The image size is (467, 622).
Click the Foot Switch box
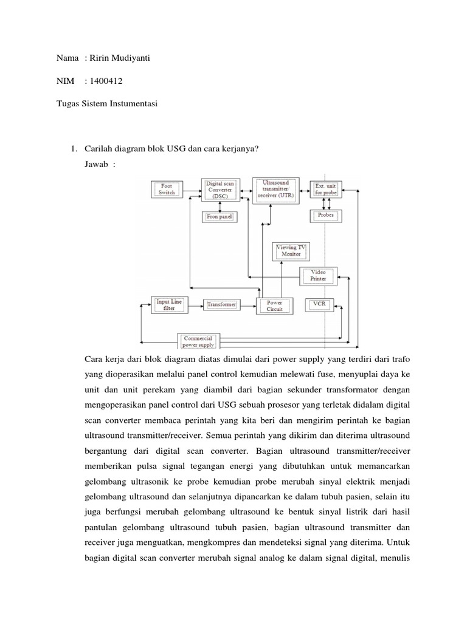[x=166, y=189]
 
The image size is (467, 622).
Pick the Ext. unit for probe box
[x=326, y=189]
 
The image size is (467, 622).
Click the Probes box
[x=326, y=216]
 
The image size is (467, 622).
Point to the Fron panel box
[x=218, y=216]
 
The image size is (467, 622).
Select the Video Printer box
[x=318, y=276]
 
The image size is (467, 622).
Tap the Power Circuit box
[x=275, y=305]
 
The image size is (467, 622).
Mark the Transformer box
[x=221, y=304]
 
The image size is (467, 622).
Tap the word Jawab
[x=97, y=165]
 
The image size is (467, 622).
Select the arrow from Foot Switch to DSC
[x=192, y=190]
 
